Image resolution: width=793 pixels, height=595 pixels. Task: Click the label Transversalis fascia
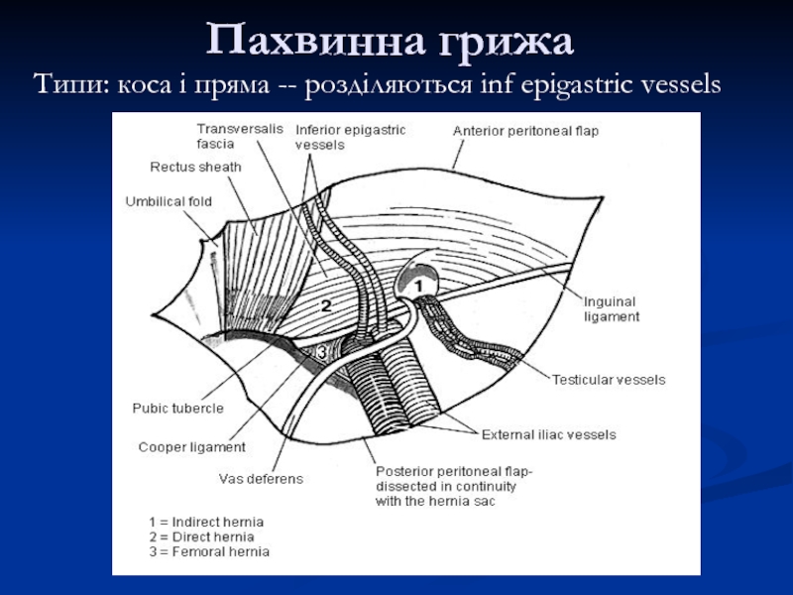(226, 136)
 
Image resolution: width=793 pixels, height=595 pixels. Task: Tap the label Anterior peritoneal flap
(525, 130)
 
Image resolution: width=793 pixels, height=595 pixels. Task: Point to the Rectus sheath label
(195, 167)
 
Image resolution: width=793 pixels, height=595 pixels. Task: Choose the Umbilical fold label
(169, 201)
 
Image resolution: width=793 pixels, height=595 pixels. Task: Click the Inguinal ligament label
(612, 308)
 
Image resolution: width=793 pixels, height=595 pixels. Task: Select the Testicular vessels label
(608, 379)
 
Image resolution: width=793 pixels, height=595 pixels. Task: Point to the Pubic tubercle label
(177, 408)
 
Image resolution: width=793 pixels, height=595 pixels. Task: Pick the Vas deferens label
(261, 478)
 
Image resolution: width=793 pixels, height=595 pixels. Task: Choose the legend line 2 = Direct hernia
(201, 536)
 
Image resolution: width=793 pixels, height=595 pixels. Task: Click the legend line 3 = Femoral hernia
(208, 551)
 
